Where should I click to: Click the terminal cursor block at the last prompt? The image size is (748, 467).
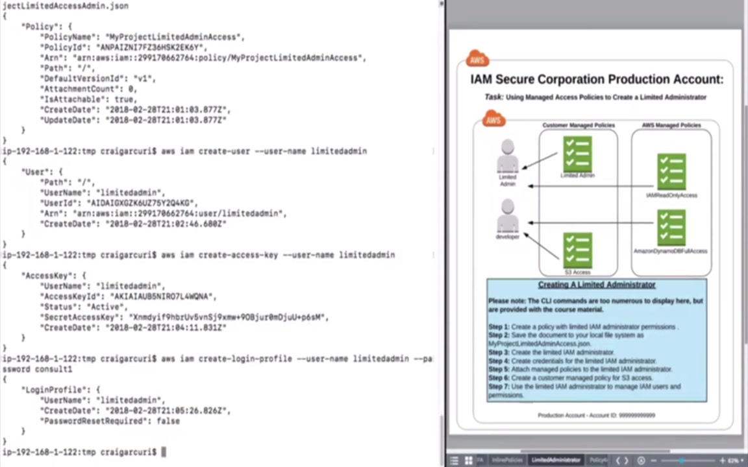[x=164, y=452]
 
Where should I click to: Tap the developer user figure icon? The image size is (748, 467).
[x=508, y=216]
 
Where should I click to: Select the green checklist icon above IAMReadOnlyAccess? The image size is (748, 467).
[x=671, y=172]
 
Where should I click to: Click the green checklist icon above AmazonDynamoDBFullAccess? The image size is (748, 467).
[x=671, y=228]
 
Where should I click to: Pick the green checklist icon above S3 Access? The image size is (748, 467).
[x=577, y=250]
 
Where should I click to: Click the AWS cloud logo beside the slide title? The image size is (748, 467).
[x=477, y=60]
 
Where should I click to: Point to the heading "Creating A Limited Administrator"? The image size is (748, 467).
[x=597, y=285]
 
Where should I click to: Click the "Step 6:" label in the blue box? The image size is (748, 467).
[x=499, y=377]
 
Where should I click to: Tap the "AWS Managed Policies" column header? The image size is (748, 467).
[x=671, y=125]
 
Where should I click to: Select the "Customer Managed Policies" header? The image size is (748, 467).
[x=579, y=125]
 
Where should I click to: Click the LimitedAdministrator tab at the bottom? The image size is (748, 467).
[x=556, y=460]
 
